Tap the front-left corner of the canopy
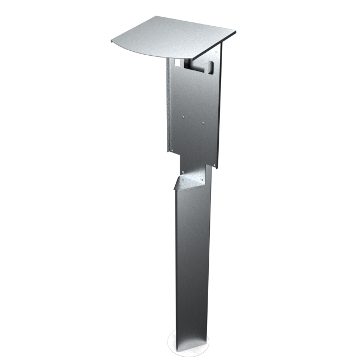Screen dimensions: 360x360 click(x=113, y=41)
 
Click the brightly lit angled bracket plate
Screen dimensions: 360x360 click(x=193, y=180)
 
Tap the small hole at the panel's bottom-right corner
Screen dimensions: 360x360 click(x=218, y=166)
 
